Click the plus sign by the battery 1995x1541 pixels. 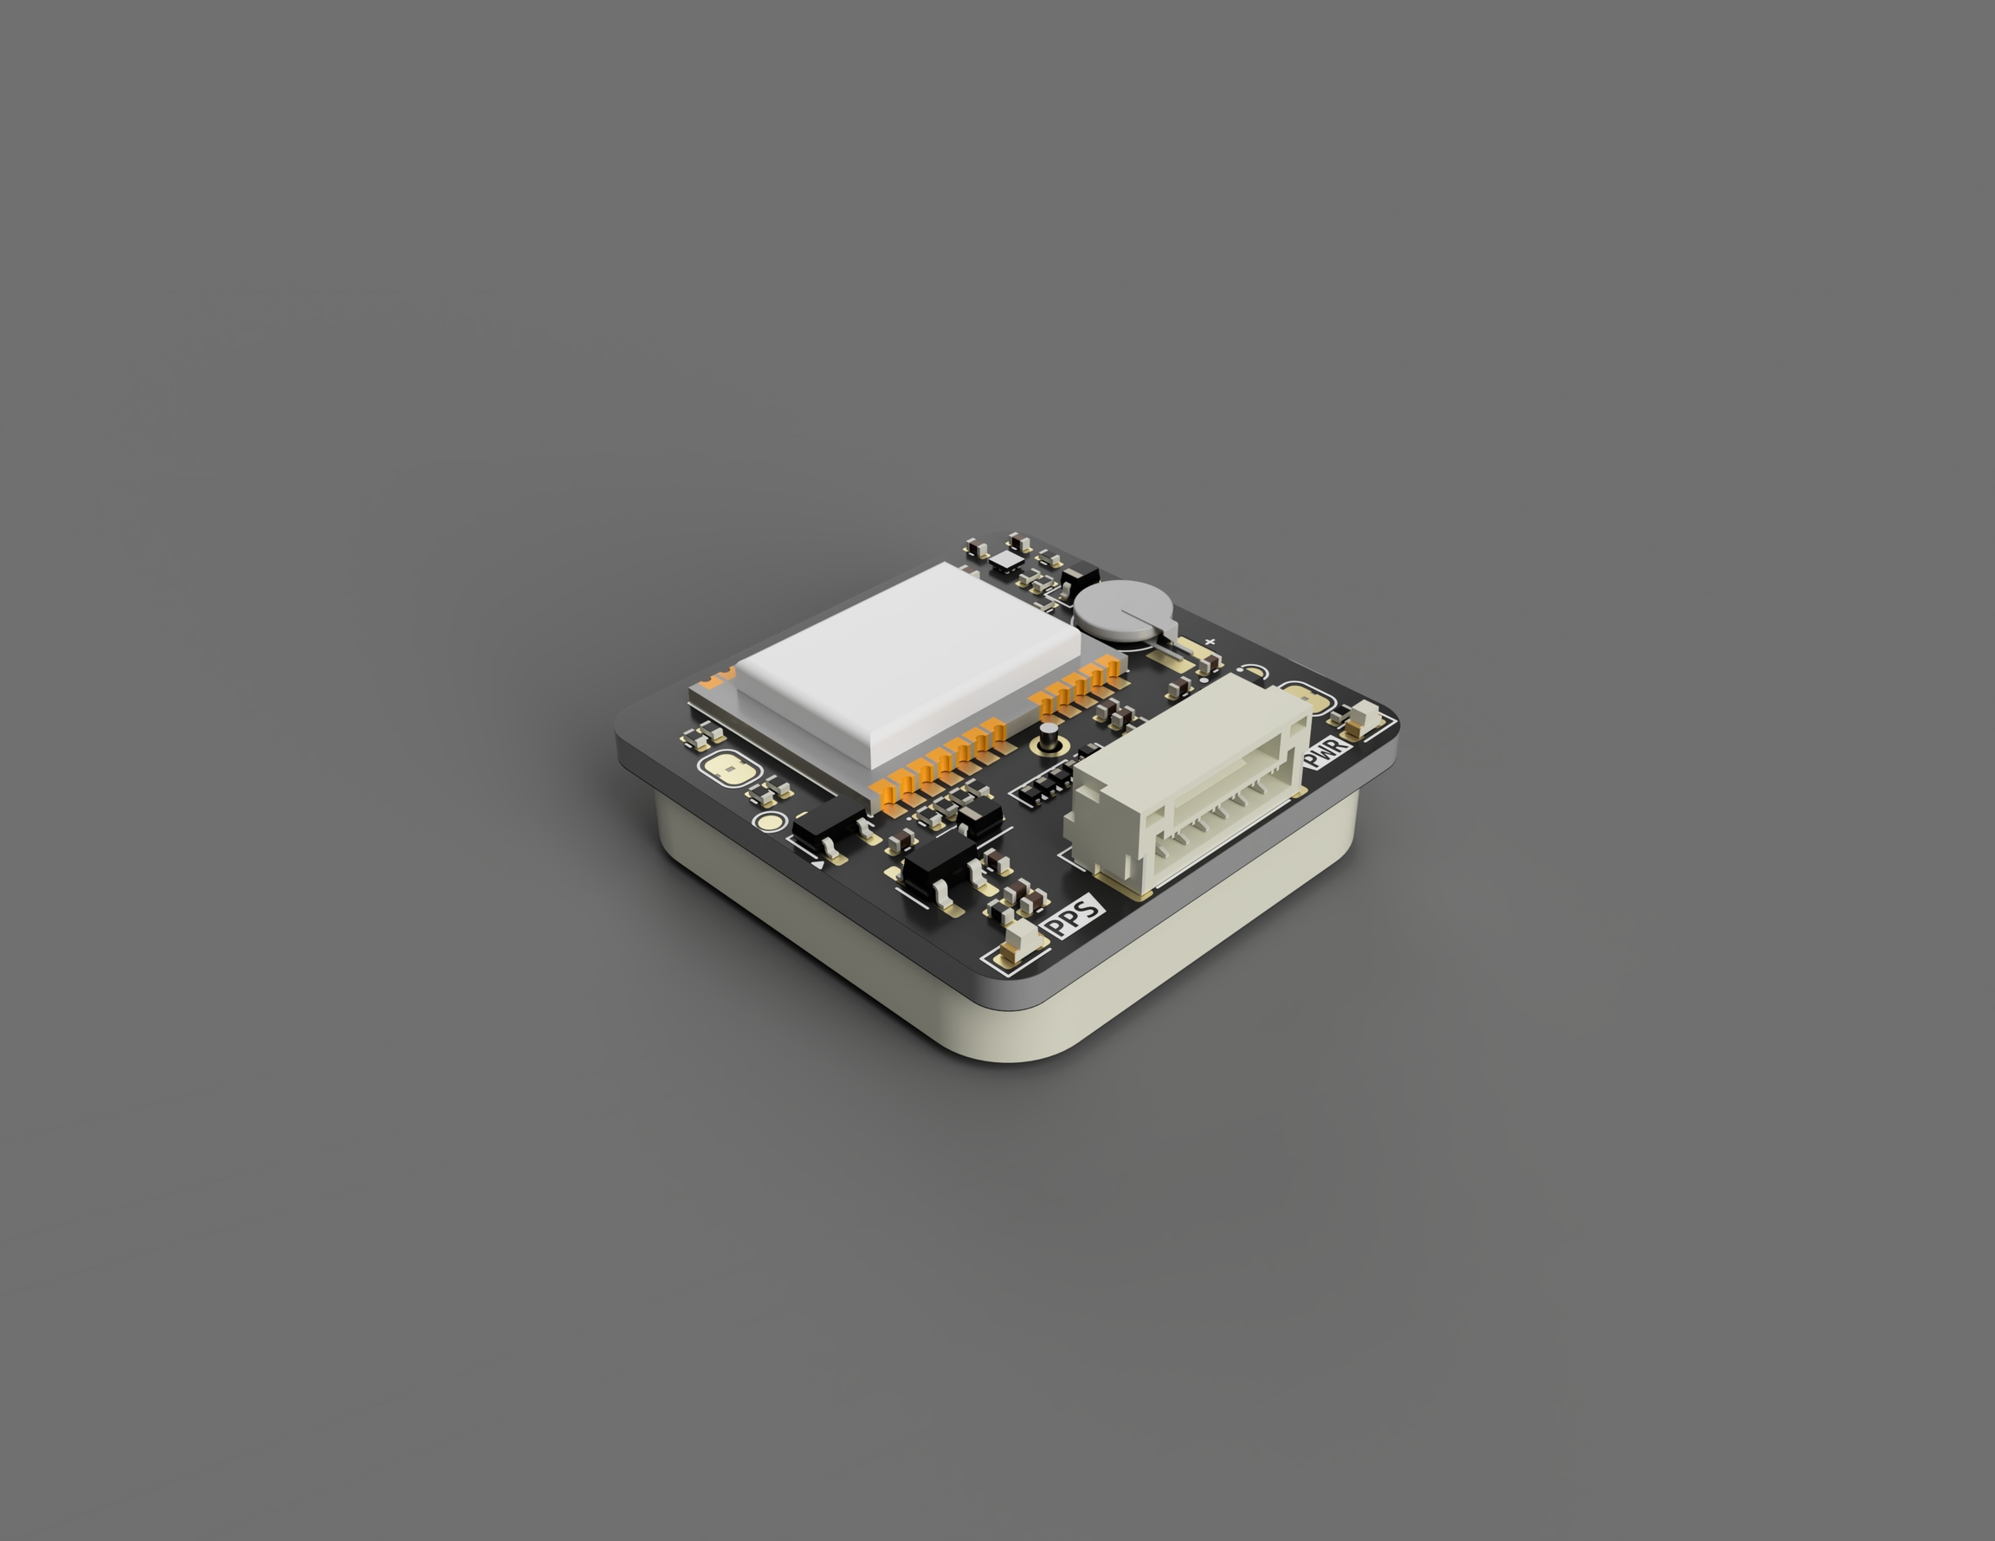1210,643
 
